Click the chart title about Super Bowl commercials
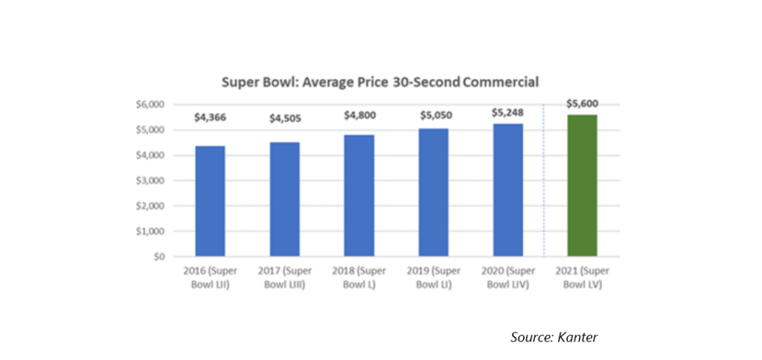[x=380, y=82]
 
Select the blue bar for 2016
[x=210, y=201]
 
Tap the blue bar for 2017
[x=285, y=199]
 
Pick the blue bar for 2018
[x=359, y=196]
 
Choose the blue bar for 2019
[x=434, y=193]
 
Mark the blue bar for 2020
[x=508, y=190]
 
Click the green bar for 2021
[x=582, y=186]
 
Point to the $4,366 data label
[x=210, y=118]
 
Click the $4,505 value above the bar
[x=285, y=118]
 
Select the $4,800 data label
[x=359, y=115]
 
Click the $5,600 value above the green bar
[x=582, y=103]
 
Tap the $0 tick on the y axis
[x=159, y=257]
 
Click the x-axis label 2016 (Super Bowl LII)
[x=210, y=277]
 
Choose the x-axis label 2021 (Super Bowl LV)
[x=582, y=277]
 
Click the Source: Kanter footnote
[x=554, y=337]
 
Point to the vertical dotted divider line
[x=544, y=180]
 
